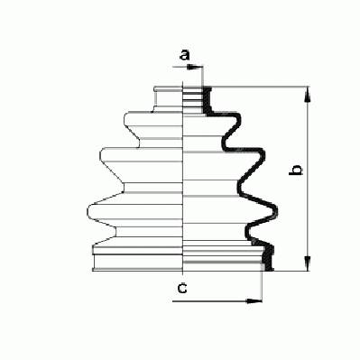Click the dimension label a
pos(185,55)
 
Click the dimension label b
pos(296,170)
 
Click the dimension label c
pos(182,289)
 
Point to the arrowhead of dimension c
pos(254,300)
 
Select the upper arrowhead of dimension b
pos(308,94)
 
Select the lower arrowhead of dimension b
pos(308,263)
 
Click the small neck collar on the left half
pos(168,99)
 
